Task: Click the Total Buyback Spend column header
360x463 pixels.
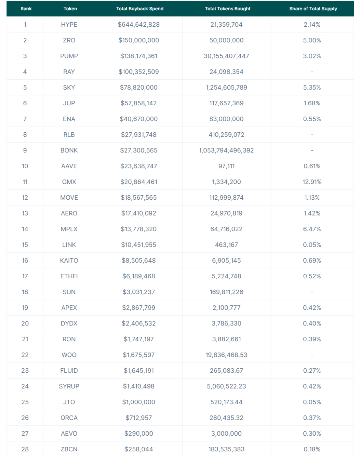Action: pyautogui.click(x=139, y=9)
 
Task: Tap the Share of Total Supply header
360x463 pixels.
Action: pyautogui.click(x=313, y=9)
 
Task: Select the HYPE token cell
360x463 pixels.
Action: pyautogui.click(x=69, y=25)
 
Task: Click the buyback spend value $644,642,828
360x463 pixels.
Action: pyautogui.click(x=138, y=25)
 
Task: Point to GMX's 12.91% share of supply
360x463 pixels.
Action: pyautogui.click(x=312, y=182)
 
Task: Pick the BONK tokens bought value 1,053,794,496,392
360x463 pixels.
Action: pyautogui.click(x=226, y=150)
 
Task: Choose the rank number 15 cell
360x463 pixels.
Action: pyautogui.click(x=25, y=245)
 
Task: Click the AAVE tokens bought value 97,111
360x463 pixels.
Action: pyautogui.click(x=226, y=166)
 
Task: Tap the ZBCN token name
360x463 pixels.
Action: pyautogui.click(x=69, y=449)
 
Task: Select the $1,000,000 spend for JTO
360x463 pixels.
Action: pyautogui.click(x=138, y=402)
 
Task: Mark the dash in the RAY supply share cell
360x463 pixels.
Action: pyautogui.click(x=312, y=72)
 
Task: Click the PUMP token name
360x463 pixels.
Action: pyautogui.click(x=69, y=56)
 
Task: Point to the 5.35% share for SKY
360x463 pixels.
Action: pyautogui.click(x=312, y=88)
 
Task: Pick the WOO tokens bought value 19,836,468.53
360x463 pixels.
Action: pyautogui.click(x=226, y=355)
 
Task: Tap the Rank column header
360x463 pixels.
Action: pyautogui.click(x=26, y=9)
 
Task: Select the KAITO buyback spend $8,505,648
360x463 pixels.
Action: pyautogui.click(x=138, y=261)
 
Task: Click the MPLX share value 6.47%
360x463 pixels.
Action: pyautogui.click(x=312, y=229)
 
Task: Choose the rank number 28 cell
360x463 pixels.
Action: pyautogui.click(x=25, y=449)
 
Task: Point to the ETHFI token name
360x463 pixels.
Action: pyautogui.click(x=69, y=276)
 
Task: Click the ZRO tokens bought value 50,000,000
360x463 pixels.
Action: pyautogui.click(x=226, y=40)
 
